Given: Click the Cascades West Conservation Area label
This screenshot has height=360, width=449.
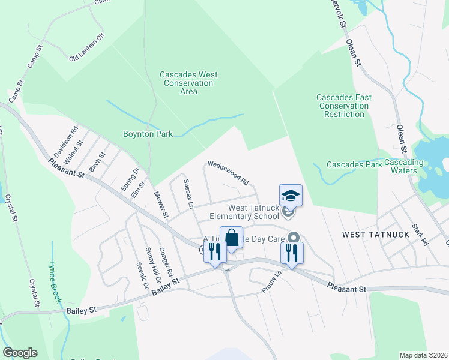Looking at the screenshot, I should (188, 83).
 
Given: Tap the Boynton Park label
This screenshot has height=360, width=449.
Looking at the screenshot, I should (148, 134).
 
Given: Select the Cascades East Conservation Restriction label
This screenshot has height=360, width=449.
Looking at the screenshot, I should (345, 106).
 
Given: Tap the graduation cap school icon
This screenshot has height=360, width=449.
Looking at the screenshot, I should (291, 196).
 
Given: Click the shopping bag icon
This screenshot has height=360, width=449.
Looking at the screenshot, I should (231, 238).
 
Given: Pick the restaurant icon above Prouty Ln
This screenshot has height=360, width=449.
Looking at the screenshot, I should (292, 253).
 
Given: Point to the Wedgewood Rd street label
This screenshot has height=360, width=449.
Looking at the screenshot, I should (228, 172).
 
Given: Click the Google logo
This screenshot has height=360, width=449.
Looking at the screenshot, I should (20, 353).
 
